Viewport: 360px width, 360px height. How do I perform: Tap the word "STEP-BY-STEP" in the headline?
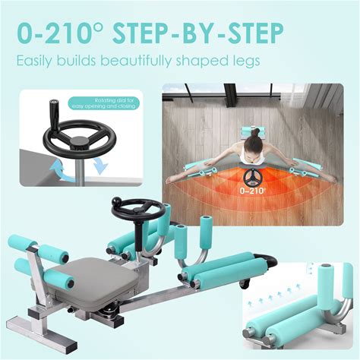[197, 33]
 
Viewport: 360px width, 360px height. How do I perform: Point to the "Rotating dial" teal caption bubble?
[104, 103]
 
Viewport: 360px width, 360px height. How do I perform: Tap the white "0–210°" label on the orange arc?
[249, 191]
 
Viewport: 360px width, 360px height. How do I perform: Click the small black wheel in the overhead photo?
[251, 177]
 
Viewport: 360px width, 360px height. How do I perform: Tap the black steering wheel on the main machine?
[138, 210]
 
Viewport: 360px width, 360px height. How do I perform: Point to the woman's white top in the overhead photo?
[252, 154]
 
